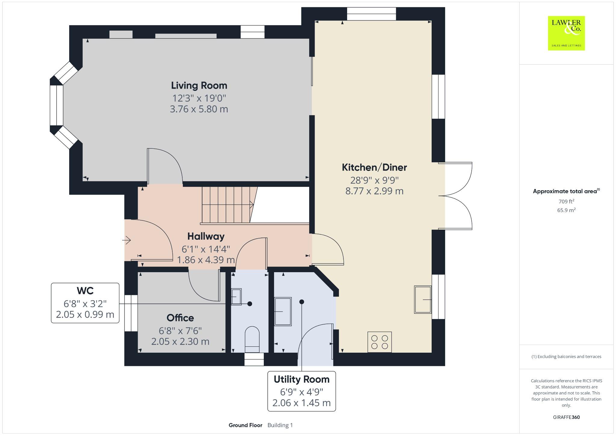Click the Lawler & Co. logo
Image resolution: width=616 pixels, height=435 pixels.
tap(566, 33)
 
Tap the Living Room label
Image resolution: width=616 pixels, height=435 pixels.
tap(199, 86)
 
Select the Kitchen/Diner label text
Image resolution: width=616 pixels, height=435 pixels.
tap(374, 167)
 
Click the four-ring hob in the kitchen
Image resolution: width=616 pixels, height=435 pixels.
tap(380, 342)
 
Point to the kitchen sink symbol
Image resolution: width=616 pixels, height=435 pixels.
tap(423, 300)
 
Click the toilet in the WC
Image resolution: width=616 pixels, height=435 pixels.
tap(252, 339)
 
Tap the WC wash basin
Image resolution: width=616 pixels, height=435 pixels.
tap(236, 297)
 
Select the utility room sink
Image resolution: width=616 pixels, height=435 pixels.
tap(283, 312)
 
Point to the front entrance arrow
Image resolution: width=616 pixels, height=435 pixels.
tap(127, 240)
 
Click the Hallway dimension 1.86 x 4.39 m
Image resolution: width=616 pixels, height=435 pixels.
tap(206, 260)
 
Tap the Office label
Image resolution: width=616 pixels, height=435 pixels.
tap(180, 318)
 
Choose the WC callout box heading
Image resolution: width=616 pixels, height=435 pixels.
tap(85, 291)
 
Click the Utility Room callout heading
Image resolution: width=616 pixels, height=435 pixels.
tap(301, 379)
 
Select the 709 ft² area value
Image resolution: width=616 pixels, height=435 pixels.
tap(566, 202)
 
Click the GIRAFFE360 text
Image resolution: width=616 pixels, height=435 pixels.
tap(566, 417)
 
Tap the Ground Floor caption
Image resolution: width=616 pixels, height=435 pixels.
tap(245, 425)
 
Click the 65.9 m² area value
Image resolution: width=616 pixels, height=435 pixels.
tap(566, 210)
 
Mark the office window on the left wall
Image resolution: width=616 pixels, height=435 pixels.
tap(131, 313)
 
